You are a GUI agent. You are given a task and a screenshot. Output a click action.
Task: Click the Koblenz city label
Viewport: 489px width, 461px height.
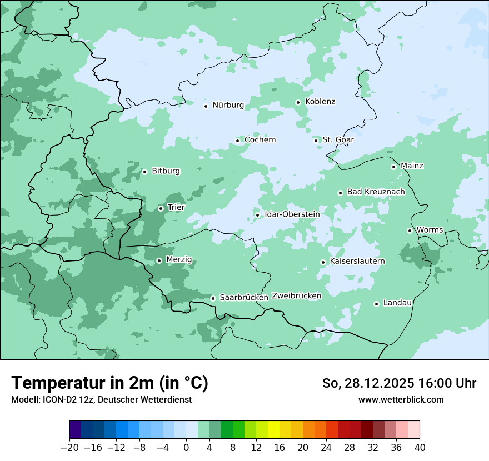click(320, 102)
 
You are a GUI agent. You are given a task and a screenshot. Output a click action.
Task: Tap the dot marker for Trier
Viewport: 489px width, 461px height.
click(161, 208)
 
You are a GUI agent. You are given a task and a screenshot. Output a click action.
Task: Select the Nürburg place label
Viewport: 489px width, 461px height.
click(228, 105)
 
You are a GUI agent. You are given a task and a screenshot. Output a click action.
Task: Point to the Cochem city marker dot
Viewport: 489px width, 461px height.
click(237, 141)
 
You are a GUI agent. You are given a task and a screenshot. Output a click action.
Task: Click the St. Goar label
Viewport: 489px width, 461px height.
click(338, 139)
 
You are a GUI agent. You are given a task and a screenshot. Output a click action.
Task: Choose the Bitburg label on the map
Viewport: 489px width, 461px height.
click(166, 171)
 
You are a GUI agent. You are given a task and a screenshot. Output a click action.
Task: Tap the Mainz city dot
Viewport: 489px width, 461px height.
click(393, 167)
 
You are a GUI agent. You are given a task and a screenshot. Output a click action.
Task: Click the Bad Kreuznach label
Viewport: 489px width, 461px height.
click(376, 192)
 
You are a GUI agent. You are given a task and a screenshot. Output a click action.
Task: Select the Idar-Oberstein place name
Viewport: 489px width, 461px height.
click(292, 214)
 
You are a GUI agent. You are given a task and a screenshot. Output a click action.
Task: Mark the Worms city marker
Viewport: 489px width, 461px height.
click(410, 231)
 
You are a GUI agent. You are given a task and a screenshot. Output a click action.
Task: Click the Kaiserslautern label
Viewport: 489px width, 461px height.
click(357, 261)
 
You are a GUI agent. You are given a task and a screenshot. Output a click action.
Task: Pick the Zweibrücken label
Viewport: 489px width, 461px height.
click(297, 296)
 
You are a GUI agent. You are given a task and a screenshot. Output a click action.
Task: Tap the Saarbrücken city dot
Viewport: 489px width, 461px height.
click(213, 298)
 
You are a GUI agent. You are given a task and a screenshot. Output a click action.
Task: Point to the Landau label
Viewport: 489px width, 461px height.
click(397, 303)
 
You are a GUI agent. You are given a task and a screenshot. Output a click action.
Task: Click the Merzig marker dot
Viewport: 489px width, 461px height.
click(159, 260)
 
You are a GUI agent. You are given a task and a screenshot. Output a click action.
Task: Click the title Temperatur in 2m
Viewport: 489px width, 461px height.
click(109, 383)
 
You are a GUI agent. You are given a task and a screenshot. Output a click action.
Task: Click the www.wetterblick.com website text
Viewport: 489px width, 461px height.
click(401, 399)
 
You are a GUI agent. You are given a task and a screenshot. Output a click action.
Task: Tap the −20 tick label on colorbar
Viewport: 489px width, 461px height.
click(69, 448)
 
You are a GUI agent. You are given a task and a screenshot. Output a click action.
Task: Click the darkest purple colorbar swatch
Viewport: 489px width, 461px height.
click(76, 430)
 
